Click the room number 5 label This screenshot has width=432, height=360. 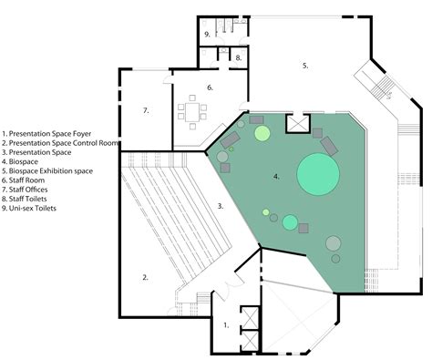305,66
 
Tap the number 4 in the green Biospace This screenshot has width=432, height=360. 276,174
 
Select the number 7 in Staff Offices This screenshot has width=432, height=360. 145,110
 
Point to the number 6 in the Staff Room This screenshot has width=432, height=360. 209,87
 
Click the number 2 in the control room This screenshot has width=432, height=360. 145,276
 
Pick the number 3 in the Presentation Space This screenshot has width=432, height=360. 221,206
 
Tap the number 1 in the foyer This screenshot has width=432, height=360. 226,324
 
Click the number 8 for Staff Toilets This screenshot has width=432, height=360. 238,57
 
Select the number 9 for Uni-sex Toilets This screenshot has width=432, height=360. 208,34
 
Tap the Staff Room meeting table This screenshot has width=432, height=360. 192,111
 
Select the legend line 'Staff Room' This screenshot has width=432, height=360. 31,180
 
